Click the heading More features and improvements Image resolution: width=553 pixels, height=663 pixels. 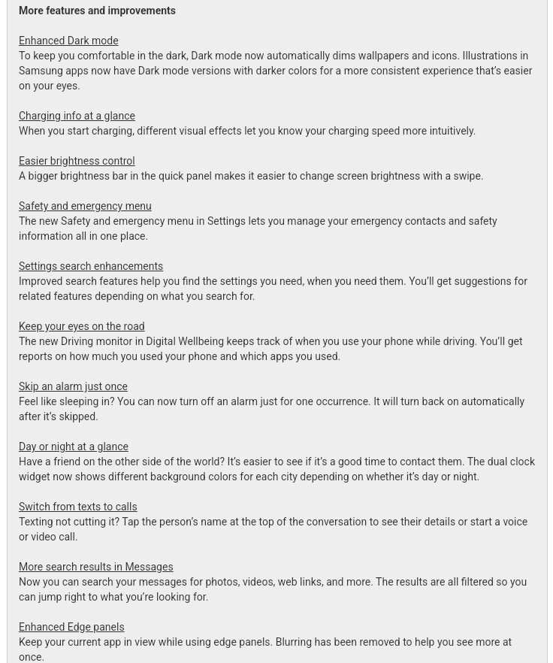coord(97,11)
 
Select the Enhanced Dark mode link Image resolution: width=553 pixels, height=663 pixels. coord(68,41)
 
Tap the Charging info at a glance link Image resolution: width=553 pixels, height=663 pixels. coord(77,117)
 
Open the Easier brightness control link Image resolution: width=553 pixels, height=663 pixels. coord(77,162)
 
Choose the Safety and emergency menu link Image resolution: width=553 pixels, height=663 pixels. coord(85,207)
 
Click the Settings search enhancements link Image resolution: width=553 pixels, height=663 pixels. coord(91,267)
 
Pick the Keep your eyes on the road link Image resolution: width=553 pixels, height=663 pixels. coord(81,327)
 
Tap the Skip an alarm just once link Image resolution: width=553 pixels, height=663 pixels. coord(73,387)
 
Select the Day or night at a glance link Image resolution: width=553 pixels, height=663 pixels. coord(74,447)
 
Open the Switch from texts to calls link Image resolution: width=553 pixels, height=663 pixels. coord(77,507)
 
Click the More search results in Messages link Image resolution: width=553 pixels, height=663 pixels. coord(95,568)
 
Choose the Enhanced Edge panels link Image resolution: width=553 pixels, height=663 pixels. coord(71,628)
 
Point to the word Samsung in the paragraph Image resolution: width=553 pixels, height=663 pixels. coord(41,71)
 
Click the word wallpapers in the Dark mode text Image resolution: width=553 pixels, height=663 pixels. coord(383,56)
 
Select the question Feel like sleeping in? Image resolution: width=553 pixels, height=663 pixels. coord(66,402)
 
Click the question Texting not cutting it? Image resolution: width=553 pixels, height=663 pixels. coord(68,522)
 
